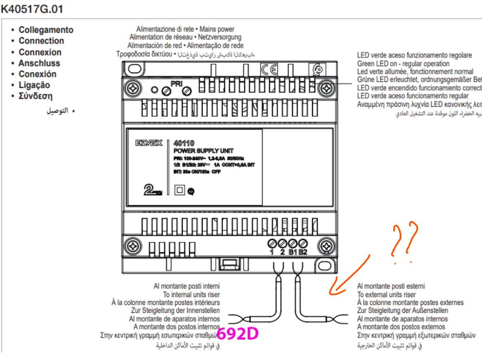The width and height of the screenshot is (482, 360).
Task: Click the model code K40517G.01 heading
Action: tap(32, 9)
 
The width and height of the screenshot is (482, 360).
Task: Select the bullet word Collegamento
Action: tap(46, 30)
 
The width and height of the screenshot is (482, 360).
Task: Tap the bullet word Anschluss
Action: tap(39, 63)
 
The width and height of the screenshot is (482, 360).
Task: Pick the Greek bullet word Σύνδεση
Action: tap(36, 96)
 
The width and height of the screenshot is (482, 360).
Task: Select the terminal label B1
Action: tap(293, 252)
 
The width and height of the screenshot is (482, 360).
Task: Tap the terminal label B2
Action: tap(303, 252)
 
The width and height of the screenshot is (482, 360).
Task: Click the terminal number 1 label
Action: tap(272, 252)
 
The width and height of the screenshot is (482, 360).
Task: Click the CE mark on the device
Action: tap(269, 70)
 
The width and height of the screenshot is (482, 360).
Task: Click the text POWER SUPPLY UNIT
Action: tap(203, 151)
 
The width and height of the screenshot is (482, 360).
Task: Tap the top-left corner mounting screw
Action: tap(133, 88)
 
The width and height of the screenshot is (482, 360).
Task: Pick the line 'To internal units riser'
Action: tap(191, 295)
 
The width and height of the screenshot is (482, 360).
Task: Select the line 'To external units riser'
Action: tap(387, 295)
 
